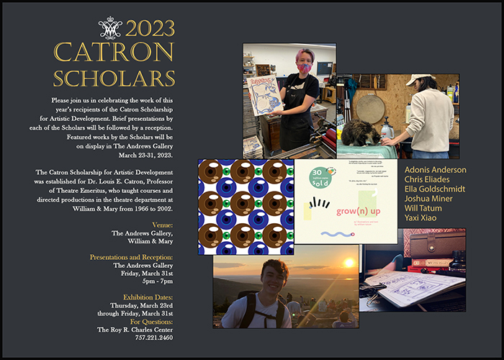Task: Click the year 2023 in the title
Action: point(150,29)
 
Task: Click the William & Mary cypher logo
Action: point(109,29)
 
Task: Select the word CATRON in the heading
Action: point(114,53)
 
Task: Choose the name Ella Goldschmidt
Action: point(434,189)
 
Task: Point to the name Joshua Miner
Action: point(426,198)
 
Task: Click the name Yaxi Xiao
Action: point(420,217)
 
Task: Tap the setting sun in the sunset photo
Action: point(349,263)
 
